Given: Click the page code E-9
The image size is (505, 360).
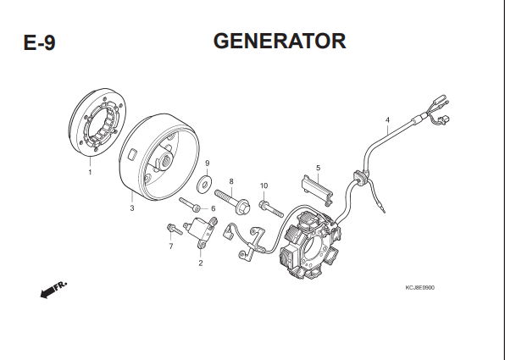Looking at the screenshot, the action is click(39, 42).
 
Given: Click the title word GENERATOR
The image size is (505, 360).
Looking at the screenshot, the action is click(280, 41).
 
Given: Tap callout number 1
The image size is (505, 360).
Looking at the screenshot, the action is click(90, 172).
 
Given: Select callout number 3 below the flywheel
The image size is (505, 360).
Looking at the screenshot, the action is click(132, 208).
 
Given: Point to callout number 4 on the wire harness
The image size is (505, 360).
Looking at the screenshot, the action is click(387, 120).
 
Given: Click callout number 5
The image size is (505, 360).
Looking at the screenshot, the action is click(319, 168).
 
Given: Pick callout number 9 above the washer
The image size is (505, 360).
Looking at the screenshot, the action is click(207, 163).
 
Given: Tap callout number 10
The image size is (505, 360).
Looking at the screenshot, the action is click(264, 186).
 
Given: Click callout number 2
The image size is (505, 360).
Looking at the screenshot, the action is click(201, 263).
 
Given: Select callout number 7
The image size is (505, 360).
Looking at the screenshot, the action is click(171, 246).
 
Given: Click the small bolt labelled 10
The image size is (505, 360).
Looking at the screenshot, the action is click(271, 208).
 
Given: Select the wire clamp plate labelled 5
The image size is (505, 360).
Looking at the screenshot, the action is click(317, 190).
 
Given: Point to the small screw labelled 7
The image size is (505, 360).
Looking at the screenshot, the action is click(175, 229).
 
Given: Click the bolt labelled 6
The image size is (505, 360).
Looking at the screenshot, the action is click(190, 204).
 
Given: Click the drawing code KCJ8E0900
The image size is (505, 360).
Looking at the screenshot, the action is click(419, 287).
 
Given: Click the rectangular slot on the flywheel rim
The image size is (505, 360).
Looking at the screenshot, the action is click(132, 153).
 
